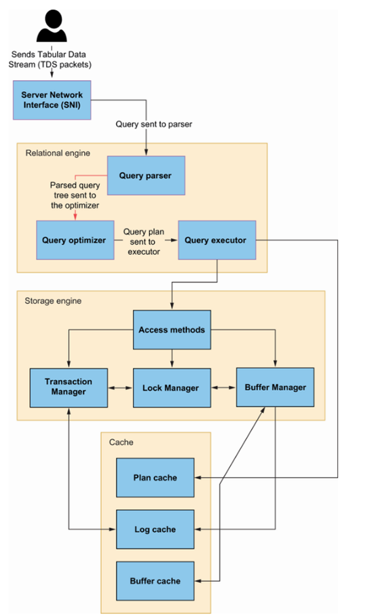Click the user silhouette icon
52,26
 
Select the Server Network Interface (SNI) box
52,100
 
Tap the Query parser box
146,175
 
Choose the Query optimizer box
75,240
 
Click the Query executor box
217,240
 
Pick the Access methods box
172,330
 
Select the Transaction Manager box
69,387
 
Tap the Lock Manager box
172,387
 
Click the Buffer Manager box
276,387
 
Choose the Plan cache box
155,478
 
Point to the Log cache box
155,529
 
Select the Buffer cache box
155,581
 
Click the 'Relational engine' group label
58,153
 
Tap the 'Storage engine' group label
53,301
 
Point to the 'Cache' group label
121,442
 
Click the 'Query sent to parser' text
153,124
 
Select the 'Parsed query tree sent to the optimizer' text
75,195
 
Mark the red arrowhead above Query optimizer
75,217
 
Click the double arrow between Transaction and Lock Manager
120,388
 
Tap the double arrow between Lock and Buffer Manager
224,387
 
